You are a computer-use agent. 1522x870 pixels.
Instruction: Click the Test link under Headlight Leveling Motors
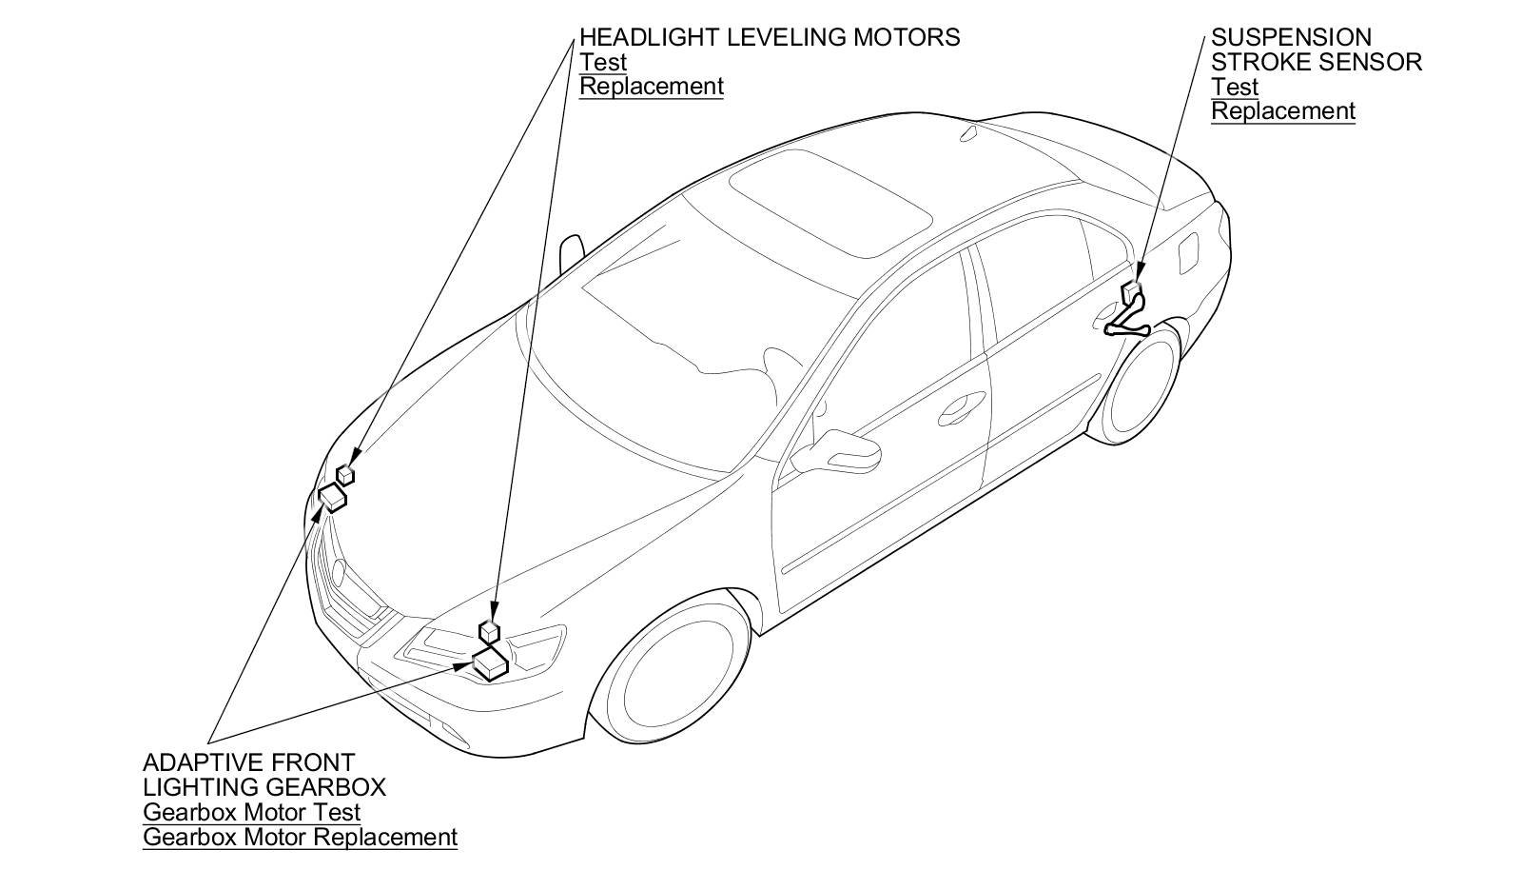coord(603,62)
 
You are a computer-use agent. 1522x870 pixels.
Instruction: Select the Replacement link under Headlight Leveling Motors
coord(652,87)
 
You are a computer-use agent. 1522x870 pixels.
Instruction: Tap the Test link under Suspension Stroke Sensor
coord(1235,87)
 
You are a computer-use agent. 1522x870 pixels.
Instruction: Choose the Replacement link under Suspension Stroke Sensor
coord(1282,111)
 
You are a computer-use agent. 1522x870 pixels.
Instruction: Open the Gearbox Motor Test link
coord(252,813)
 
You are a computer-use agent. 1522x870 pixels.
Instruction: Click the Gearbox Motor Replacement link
coord(300,838)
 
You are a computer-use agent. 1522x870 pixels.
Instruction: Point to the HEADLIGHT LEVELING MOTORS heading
coord(770,37)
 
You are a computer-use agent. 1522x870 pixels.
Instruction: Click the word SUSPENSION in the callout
coord(1291,37)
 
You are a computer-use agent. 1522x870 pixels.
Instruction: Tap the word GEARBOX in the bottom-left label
coord(322,787)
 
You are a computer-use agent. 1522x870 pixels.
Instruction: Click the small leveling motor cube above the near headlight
coord(490,630)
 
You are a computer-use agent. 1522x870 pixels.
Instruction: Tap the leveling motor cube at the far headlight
coord(345,473)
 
